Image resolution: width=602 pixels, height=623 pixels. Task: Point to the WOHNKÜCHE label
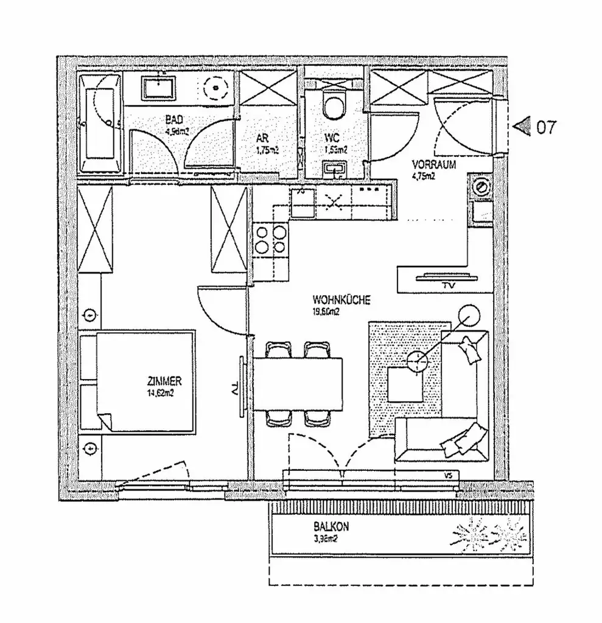click(341, 299)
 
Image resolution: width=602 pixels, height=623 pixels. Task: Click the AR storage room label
click(263, 137)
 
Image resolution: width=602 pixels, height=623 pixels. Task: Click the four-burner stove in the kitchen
click(270, 240)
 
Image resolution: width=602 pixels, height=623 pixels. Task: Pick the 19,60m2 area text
click(326, 311)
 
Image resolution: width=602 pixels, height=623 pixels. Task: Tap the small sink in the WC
click(334, 167)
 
